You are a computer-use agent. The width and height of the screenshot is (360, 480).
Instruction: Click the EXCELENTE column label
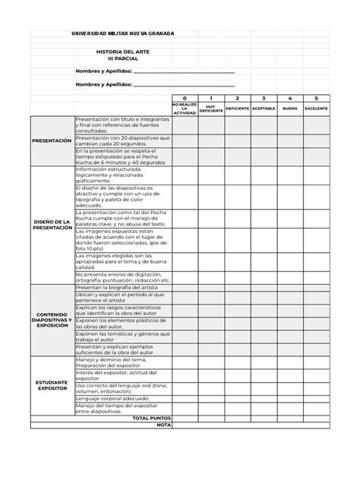click(x=316, y=109)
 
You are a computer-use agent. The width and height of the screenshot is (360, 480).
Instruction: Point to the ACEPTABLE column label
click(x=264, y=109)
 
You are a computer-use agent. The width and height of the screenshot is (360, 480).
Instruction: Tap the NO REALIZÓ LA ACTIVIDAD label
click(x=184, y=109)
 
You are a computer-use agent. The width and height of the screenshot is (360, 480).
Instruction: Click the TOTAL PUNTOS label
click(x=152, y=418)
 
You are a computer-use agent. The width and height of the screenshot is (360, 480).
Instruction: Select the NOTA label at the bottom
click(x=163, y=425)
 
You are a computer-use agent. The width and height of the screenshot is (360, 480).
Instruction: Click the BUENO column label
click(x=289, y=109)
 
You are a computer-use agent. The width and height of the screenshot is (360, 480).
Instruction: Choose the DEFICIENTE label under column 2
click(x=237, y=109)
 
